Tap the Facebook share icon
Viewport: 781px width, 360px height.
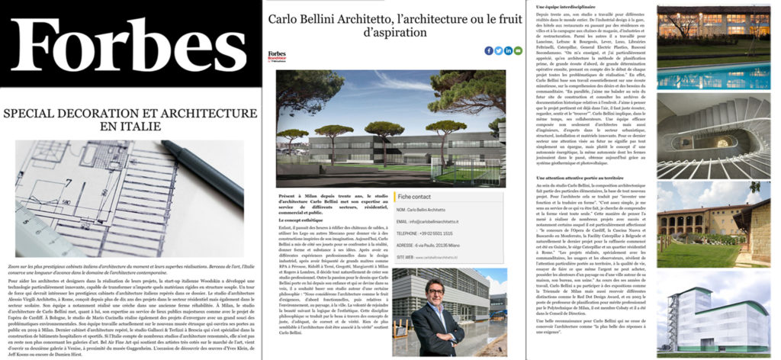pos(489,50)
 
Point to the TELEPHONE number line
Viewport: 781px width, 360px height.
pos(431,234)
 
